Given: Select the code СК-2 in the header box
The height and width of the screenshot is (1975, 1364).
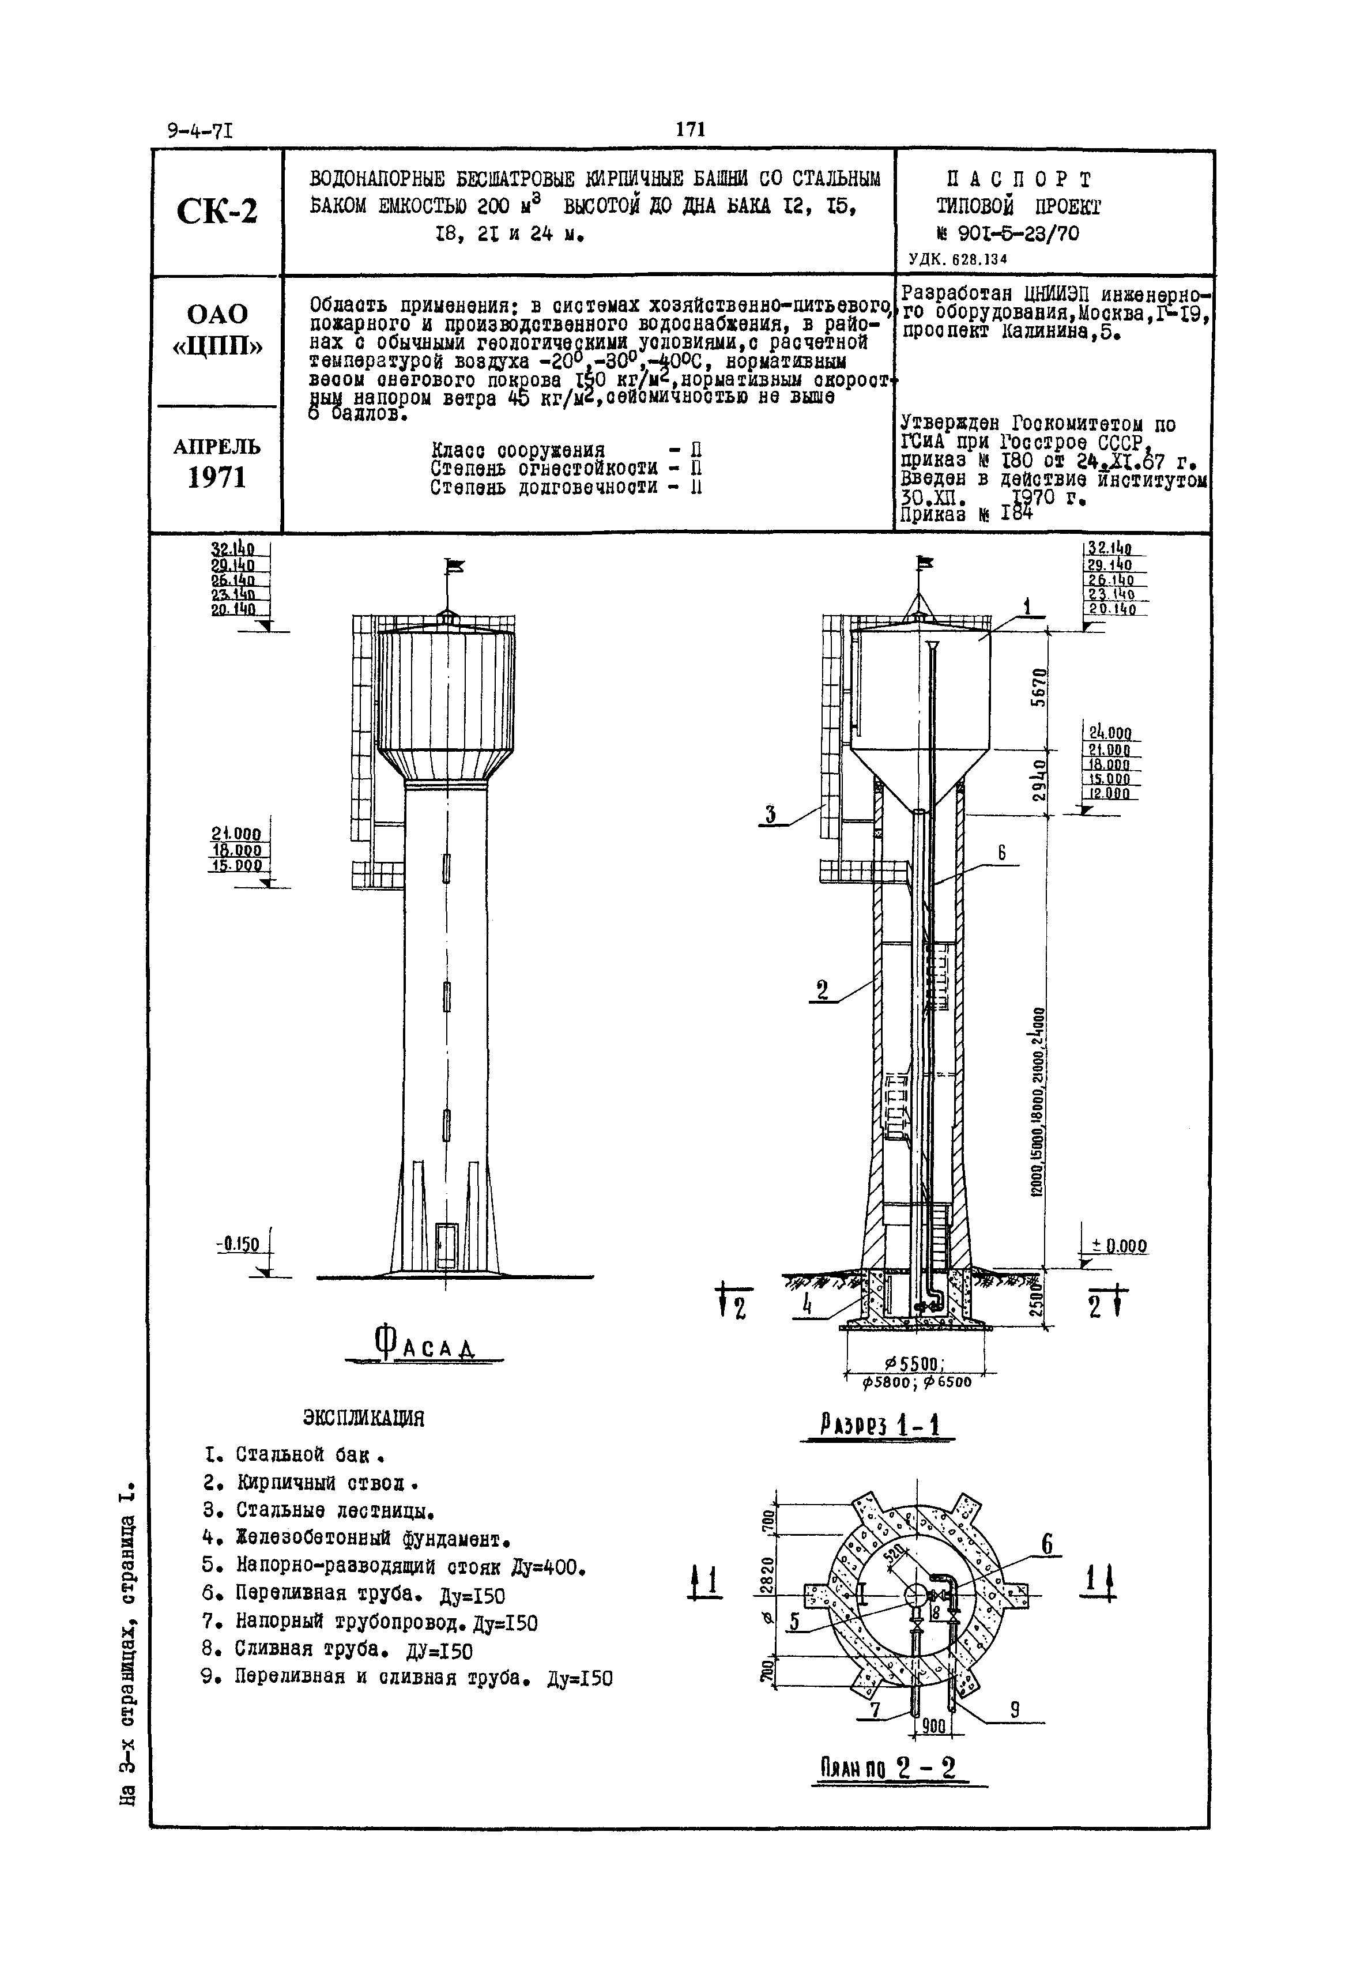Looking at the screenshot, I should pos(217,211).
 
